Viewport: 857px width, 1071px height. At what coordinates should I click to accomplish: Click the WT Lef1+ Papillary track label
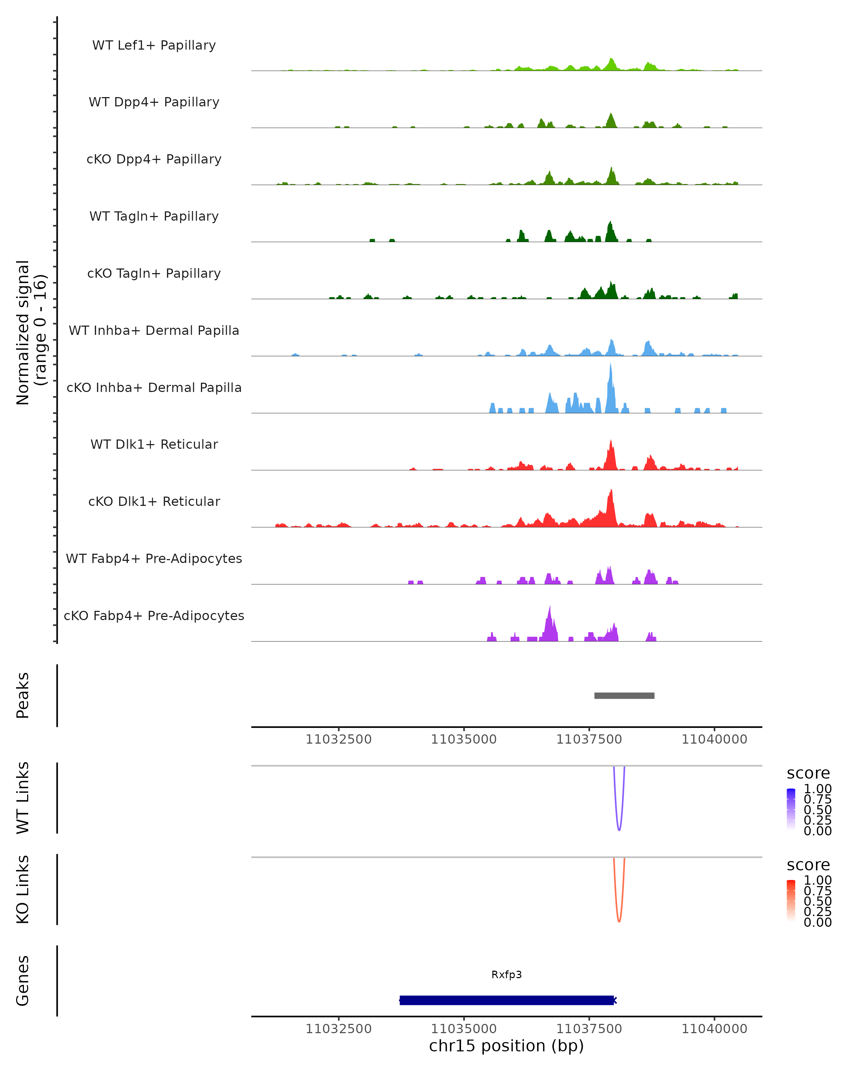(x=154, y=45)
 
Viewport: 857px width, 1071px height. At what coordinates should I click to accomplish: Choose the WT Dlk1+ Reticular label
(x=154, y=444)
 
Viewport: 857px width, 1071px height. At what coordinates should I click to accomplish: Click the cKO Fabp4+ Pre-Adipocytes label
(x=154, y=615)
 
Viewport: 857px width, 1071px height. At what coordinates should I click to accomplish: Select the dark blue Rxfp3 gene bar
(x=507, y=1000)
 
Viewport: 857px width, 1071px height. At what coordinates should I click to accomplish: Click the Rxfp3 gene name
(x=507, y=975)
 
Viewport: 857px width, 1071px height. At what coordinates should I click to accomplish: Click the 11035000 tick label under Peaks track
(x=463, y=739)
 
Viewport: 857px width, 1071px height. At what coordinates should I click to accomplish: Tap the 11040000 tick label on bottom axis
(x=715, y=1029)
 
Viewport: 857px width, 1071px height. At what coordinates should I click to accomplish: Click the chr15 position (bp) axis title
(x=506, y=1046)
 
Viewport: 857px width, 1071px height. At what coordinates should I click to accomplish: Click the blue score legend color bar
(x=791, y=809)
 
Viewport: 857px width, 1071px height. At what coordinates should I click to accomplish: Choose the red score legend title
(x=808, y=865)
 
